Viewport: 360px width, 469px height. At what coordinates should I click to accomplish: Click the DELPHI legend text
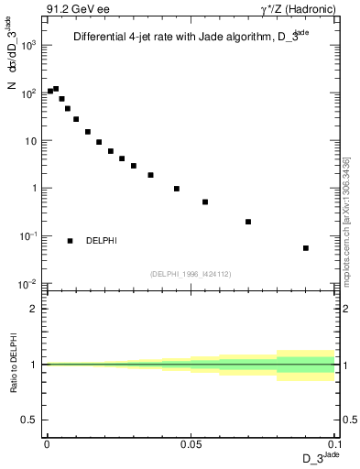[x=102, y=241]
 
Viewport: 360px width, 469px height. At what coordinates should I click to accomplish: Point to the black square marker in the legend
[x=71, y=241]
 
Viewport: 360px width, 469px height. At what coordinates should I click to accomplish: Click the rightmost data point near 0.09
[x=306, y=247]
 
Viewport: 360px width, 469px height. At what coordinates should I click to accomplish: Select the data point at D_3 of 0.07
[x=248, y=222]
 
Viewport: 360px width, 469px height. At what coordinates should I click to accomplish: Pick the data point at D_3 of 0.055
[x=205, y=202]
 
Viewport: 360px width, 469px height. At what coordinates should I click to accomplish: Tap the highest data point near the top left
[x=56, y=89]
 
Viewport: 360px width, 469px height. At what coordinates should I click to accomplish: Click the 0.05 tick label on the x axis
[x=190, y=442]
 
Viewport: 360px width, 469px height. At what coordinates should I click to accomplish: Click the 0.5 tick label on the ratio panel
[x=31, y=420]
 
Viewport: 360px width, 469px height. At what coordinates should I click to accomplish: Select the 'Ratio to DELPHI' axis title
[x=14, y=365]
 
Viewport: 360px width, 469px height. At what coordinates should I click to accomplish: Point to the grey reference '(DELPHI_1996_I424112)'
[x=190, y=273]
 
